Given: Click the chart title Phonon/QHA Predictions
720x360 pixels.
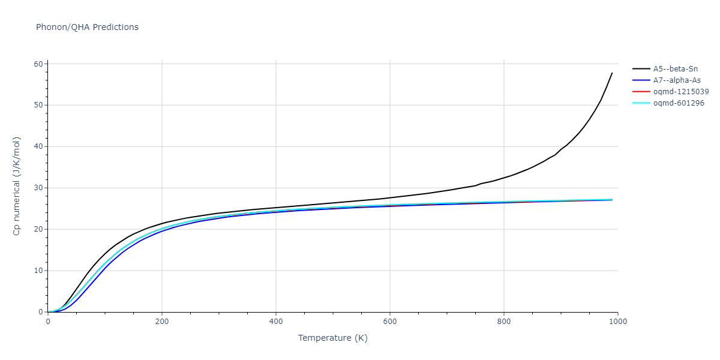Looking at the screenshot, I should pyautogui.click(x=87, y=27).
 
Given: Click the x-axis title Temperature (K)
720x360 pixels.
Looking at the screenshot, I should pyautogui.click(x=333, y=338).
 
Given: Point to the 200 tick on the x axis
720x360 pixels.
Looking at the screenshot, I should pyautogui.click(x=162, y=322).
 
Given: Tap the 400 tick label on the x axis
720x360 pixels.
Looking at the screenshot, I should pyautogui.click(x=276, y=322).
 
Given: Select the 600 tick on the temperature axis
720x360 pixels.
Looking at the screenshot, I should pyautogui.click(x=390, y=322).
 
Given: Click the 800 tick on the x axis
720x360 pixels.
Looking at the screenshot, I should pyautogui.click(x=504, y=322).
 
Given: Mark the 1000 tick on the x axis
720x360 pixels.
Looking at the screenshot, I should pyautogui.click(x=618, y=322).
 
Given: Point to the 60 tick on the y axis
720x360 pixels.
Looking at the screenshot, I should pyautogui.click(x=38, y=64).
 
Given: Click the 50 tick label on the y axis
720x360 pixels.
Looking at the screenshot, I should pyautogui.click(x=38, y=106).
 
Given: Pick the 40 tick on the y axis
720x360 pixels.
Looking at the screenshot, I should pyautogui.click(x=38, y=147).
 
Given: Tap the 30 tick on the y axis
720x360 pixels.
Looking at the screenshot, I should pyautogui.click(x=38, y=188).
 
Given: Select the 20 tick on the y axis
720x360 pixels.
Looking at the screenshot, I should pyautogui.click(x=38, y=230).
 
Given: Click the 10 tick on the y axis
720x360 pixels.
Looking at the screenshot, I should pyautogui.click(x=38, y=271).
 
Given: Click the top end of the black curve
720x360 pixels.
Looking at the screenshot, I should pyautogui.click(x=612, y=73).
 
